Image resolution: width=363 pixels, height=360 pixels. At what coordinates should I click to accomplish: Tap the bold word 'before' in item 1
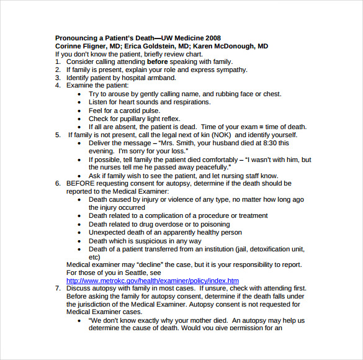tap(158, 62)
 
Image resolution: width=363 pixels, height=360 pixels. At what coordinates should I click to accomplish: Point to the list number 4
tap(57, 86)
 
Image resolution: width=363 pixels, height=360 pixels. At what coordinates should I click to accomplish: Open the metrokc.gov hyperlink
tap(153, 281)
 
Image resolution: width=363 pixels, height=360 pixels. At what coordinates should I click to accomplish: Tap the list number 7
tap(57, 289)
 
